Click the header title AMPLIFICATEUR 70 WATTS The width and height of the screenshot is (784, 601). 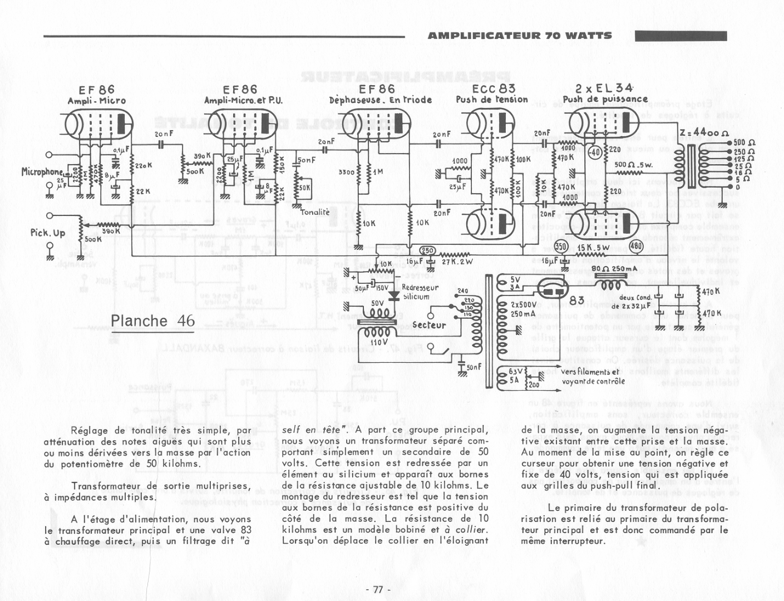tap(520, 36)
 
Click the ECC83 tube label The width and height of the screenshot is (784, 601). tap(493, 88)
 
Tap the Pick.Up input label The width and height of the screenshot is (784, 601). tap(48, 233)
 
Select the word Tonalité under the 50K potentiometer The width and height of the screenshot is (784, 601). tap(315, 212)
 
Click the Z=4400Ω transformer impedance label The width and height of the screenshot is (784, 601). tap(704, 133)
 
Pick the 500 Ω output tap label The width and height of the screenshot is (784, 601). tap(743, 142)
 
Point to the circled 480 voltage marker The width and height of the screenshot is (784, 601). tap(635, 247)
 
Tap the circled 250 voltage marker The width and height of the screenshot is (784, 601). tap(427, 250)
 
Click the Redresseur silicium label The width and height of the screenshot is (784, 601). tap(420, 292)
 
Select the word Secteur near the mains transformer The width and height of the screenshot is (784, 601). tap(429, 325)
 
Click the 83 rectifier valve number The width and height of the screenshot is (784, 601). tap(577, 300)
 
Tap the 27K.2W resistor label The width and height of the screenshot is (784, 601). tap(457, 262)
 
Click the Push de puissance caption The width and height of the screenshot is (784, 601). tap(605, 100)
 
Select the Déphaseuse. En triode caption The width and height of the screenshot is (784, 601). tap(380, 100)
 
